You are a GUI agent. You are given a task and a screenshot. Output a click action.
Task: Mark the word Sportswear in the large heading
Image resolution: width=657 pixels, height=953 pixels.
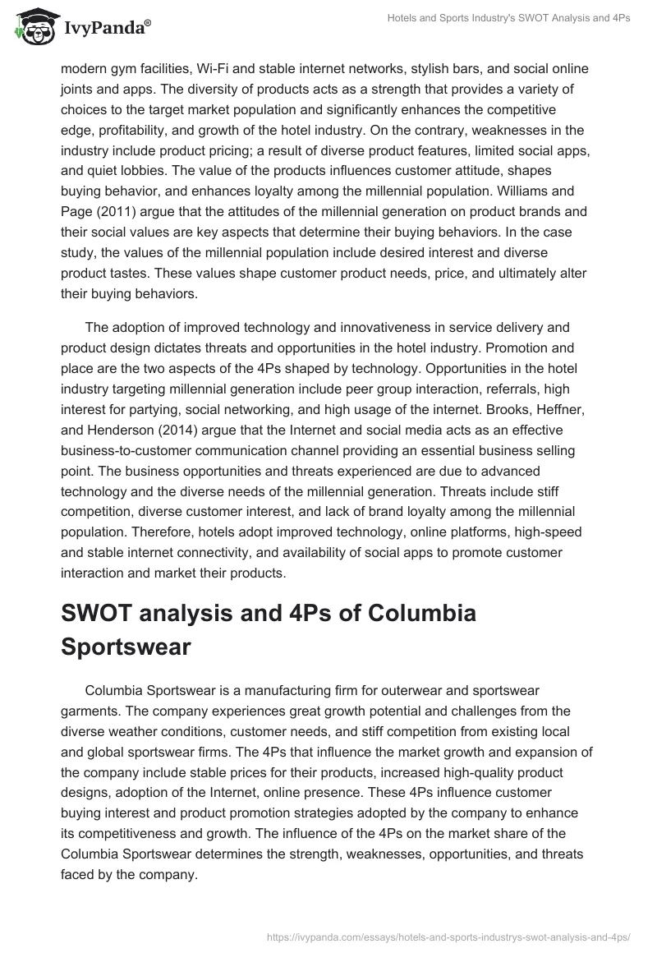(126, 647)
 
